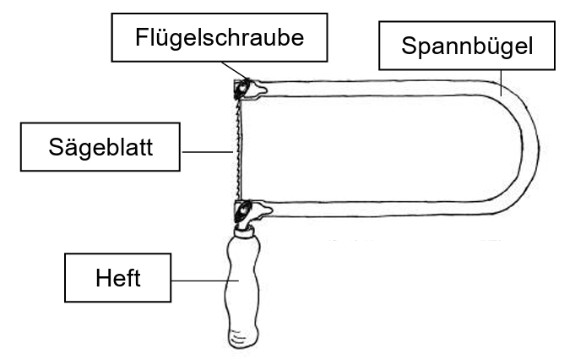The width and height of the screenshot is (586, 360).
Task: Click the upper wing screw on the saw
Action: (x=246, y=89)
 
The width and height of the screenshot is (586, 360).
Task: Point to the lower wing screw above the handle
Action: (x=246, y=210)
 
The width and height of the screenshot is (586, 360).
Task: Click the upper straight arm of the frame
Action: (x=380, y=87)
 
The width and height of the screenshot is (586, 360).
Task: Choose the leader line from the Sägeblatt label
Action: (x=207, y=152)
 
